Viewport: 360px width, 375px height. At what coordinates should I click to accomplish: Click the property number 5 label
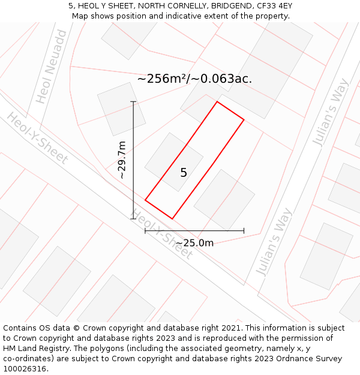pos(184,173)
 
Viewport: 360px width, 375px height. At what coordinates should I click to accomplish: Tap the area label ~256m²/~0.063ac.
pos(194,79)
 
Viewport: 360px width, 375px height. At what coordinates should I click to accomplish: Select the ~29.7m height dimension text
pos(122,160)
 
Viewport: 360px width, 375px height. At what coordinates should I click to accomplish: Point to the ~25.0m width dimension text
pos(194,243)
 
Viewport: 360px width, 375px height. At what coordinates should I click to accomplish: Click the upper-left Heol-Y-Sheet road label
pos(37,138)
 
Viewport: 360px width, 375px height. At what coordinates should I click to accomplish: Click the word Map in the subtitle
pos(80,16)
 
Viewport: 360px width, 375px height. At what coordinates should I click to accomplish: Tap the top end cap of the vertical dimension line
pos(133,102)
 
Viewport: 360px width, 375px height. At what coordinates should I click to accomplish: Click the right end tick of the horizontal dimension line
pos(244,230)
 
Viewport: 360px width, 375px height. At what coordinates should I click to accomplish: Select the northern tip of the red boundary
pos(217,101)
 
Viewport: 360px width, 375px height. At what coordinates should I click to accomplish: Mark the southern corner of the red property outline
pos(172,218)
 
